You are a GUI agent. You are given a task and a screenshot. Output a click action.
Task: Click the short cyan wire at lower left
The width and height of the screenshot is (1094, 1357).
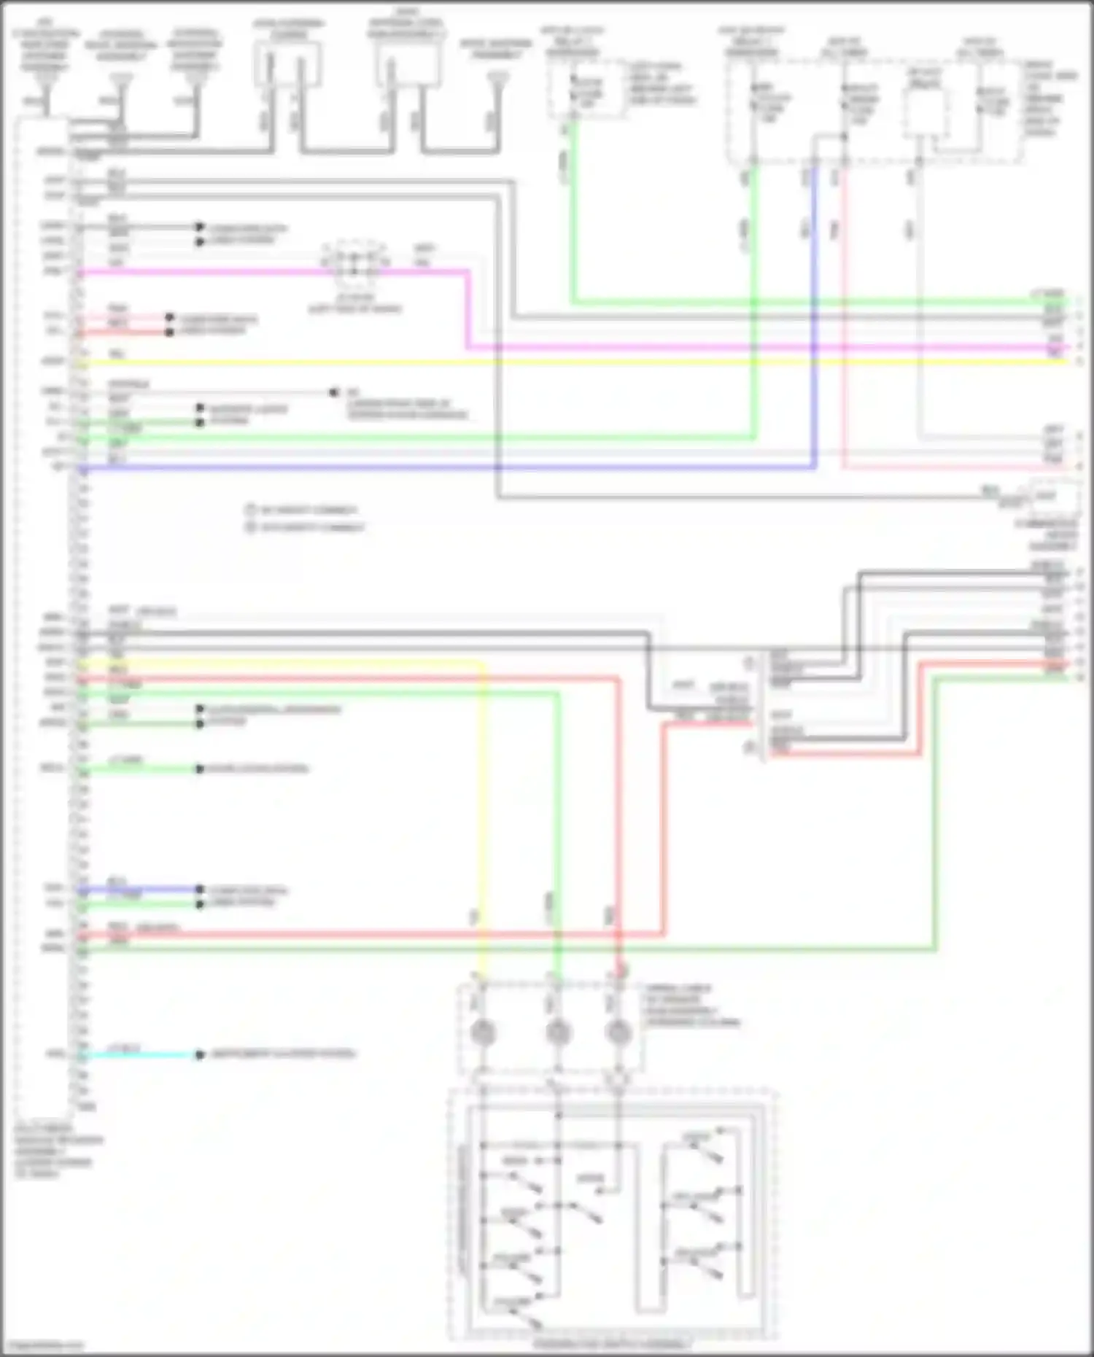[x=139, y=1055]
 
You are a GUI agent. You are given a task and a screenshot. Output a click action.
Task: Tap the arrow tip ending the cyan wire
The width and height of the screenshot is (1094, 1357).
[x=199, y=1055]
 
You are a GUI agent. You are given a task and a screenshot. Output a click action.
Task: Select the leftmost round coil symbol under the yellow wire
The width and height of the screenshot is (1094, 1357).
[x=482, y=1033]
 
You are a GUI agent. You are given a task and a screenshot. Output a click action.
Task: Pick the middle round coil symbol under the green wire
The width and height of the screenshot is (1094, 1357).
[x=558, y=1033]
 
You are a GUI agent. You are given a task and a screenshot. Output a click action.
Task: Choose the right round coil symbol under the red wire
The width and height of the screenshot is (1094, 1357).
[x=618, y=1033]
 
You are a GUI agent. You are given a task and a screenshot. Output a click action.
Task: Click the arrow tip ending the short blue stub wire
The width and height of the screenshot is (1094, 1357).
[x=199, y=890]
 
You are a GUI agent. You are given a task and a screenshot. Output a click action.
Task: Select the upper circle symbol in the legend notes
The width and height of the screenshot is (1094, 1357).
[x=251, y=510]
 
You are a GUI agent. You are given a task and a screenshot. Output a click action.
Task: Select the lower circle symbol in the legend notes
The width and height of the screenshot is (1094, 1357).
[x=251, y=526]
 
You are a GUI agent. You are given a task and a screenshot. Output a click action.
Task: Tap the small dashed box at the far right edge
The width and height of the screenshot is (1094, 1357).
[x=1053, y=497]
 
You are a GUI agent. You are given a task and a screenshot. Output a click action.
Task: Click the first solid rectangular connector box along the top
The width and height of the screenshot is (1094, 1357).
[x=287, y=64]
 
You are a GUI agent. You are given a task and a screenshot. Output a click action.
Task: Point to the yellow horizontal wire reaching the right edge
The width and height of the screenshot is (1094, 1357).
[x=583, y=362]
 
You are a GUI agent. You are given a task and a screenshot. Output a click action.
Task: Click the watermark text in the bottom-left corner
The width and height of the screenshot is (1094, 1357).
[x=42, y=1345]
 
